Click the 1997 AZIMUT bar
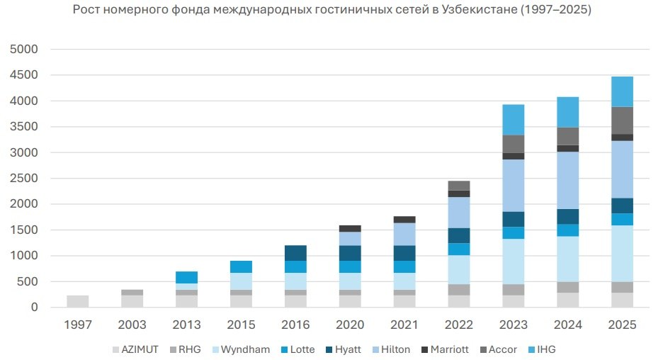coord(78,301)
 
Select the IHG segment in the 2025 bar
coord(623,91)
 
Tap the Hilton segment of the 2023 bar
coord(514,186)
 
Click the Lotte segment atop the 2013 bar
coord(187,277)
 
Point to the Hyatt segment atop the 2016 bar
coord(296,253)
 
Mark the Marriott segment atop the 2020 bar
coord(350,228)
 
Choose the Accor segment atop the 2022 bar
coord(459,186)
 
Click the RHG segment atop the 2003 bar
coord(132,292)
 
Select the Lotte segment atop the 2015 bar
coord(242,266)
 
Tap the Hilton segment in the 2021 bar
coord(404,234)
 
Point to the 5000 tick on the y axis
coord(24,50)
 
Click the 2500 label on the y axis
coord(24,179)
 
